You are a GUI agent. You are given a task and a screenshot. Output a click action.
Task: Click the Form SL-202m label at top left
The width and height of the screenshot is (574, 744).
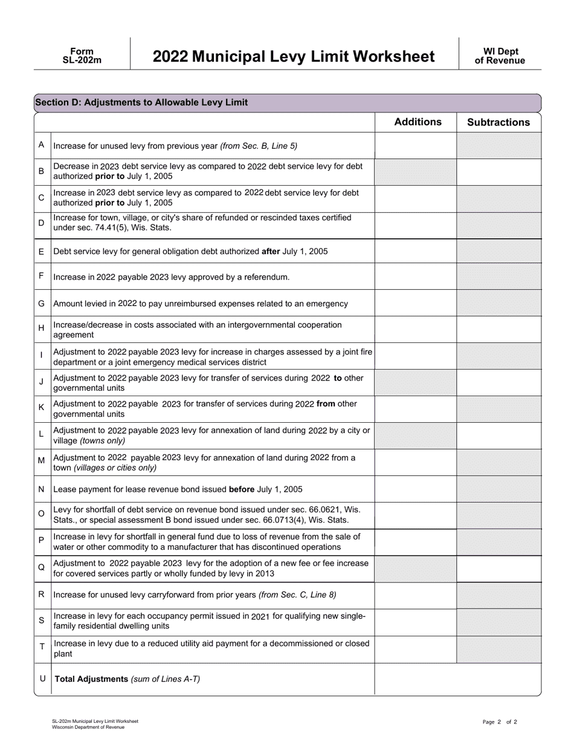pos(82,56)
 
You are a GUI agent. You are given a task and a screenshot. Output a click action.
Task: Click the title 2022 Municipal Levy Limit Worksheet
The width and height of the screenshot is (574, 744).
pos(293,56)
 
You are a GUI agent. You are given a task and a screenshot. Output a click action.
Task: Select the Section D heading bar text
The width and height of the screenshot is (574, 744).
pos(141,102)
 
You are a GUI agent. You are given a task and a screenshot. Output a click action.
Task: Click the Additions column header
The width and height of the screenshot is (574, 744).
pos(418,122)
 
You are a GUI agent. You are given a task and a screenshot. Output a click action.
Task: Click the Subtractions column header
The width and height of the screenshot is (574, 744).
pos(498,122)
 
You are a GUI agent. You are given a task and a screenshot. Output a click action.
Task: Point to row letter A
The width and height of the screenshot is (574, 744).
pos(41,145)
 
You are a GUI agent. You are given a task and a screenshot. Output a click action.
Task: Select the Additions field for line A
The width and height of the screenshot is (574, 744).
pos(416,146)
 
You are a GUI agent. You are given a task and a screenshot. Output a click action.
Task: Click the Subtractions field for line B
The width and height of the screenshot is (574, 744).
pos(498,171)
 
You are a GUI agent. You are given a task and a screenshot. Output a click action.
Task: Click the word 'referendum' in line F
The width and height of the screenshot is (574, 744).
pos(268,277)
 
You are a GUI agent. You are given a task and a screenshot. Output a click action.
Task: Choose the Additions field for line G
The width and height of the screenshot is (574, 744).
pos(416,303)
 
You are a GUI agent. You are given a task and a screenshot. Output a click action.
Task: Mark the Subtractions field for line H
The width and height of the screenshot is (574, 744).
pos(498,330)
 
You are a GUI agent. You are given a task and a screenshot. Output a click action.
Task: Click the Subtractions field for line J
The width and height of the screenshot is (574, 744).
pos(498,383)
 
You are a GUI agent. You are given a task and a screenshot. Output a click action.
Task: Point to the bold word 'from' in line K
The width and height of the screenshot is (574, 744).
pos(326,403)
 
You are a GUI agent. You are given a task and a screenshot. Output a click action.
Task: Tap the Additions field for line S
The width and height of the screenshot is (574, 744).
pos(416,621)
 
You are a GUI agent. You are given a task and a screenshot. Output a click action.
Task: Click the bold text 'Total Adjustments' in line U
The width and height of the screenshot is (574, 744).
pos(91,679)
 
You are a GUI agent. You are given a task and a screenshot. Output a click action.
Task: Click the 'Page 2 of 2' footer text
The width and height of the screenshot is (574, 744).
pos(500,722)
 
